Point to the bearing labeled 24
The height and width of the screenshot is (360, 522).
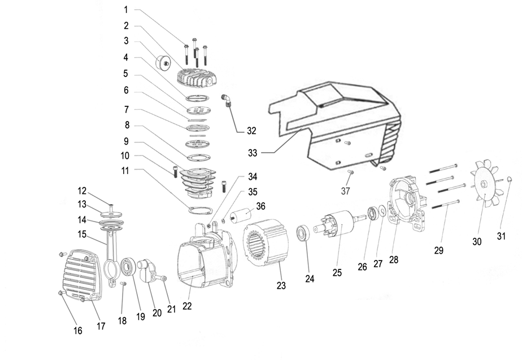[x=304, y=232]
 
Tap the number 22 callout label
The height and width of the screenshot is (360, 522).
[x=187, y=306]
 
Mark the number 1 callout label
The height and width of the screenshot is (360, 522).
[x=126, y=10]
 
